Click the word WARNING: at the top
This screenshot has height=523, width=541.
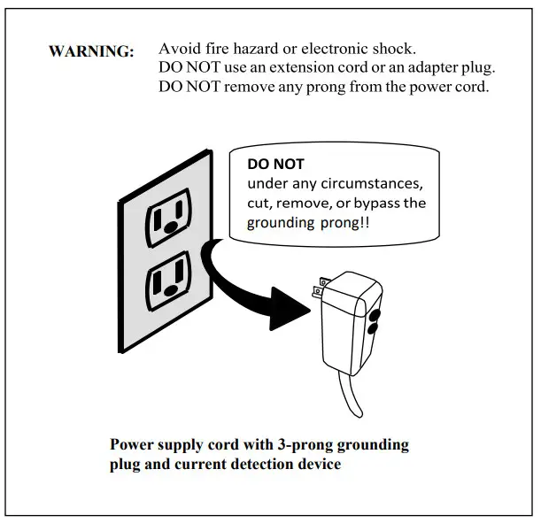(x=91, y=51)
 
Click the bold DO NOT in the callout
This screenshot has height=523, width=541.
(x=275, y=164)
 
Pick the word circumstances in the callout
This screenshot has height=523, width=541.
(x=372, y=183)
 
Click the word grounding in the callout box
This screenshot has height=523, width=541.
(x=281, y=223)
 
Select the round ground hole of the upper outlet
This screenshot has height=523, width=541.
(x=172, y=227)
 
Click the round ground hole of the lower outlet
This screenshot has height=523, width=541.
(x=171, y=291)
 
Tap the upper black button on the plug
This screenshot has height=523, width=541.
(x=375, y=315)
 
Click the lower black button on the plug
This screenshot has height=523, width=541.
(x=373, y=329)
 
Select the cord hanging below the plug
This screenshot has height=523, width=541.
(x=349, y=393)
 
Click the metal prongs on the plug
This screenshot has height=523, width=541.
(x=321, y=288)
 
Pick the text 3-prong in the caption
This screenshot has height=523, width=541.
(x=305, y=445)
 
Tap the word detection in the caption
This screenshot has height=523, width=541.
(x=262, y=464)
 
